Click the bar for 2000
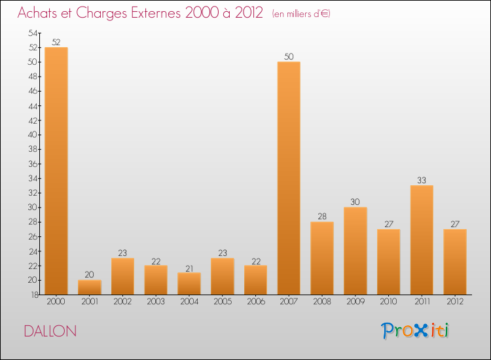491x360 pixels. point(56,171)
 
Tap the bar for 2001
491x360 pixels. point(90,287)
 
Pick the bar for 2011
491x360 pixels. point(422,240)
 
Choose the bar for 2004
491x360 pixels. point(189,283)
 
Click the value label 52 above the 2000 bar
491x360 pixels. point(56,43)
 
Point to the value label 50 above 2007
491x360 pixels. point(289,57)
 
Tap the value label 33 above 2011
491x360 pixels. point(422,181)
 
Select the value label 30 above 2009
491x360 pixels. point(355,202)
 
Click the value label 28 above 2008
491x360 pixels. point(322,217)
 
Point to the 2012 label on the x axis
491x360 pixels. point(455,302)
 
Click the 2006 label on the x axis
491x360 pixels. point(255,302)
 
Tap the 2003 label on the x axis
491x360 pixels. point(156,302)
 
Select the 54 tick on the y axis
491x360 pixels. point(33,33)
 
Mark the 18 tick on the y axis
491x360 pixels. point(33,295)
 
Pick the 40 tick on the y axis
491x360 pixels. point(33,135)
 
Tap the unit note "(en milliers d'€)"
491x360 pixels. point(301,14)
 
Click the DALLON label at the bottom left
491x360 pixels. point(50,331)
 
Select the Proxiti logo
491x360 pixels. point(416,331)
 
